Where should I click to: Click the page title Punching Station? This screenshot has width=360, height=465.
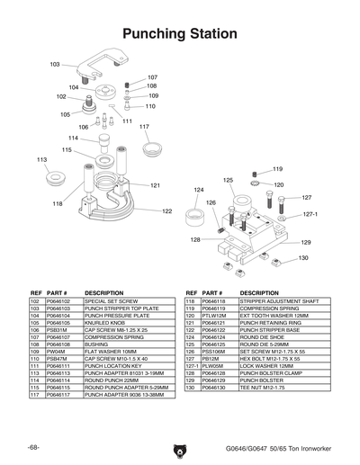(x=179, y=34)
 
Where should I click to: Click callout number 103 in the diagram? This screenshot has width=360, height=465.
(x=55, y=65)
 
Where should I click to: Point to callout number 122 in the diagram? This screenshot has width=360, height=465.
(x=167, y=211)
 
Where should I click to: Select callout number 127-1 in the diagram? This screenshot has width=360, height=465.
(x=310, y=215)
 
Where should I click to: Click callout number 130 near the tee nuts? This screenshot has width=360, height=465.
(x=303, y=258)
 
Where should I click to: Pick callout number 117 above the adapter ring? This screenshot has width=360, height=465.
(x=144, y=127)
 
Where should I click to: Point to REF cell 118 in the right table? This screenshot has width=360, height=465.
(x=191, y=301)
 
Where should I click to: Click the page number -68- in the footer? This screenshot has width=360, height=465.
(x=32, y=447)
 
